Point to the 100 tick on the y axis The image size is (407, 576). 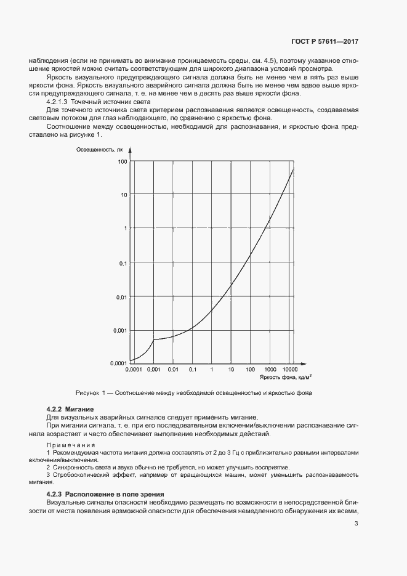[123, 161]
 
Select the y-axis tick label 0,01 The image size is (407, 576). [121, 296]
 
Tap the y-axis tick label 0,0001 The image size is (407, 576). [119, 363]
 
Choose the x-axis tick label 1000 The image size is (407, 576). [270, 370]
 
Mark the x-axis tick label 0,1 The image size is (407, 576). [192, 370]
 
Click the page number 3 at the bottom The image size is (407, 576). [357, 524]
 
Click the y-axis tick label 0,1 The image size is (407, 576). [123, 263]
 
